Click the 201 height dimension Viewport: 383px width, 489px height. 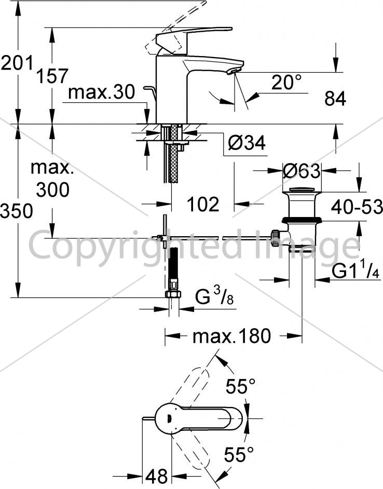pos(17,63)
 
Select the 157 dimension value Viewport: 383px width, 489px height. pos(52,76)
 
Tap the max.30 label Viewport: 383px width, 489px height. pos(102,92)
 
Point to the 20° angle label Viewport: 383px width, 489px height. pos(286,82)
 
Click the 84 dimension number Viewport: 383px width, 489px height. pos(335,99)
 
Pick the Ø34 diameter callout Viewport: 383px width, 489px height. pos(247,143)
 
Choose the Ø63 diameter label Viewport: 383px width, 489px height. pos(302,171)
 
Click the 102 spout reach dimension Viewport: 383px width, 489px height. pos(203,205)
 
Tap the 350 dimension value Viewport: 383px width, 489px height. pos(17,211)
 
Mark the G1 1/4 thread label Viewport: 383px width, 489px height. pos(355,271)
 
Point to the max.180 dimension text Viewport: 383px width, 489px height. pos(232,336)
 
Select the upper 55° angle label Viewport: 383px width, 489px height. pos(240,386)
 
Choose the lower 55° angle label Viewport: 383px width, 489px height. pos(239,454)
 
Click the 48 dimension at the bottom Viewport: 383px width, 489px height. pos(156,476)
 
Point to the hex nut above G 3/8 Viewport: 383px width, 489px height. pos(173,294)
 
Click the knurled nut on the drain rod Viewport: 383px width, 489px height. pos(275,238)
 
